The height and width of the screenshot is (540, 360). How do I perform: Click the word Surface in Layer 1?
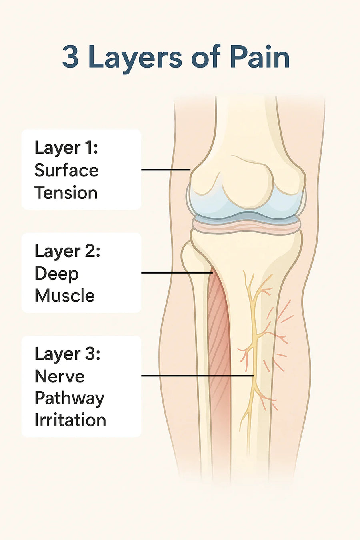pos(66,170)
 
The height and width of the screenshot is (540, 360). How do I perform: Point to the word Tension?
pos(66,193)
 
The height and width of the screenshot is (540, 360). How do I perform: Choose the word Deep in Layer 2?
pos(57,274)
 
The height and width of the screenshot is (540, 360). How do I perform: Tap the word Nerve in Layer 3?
pos(59,376)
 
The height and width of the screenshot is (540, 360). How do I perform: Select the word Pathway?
pos(69,399)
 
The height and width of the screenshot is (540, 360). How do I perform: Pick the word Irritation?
pos(70,421)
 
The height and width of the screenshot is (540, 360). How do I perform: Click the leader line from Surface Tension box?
pos(166,170)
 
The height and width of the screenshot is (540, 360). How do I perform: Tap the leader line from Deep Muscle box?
pos(177,273)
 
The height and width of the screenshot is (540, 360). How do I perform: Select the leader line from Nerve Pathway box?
pos(198,376)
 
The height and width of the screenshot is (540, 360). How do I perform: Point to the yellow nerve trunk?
pos(254,350)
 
